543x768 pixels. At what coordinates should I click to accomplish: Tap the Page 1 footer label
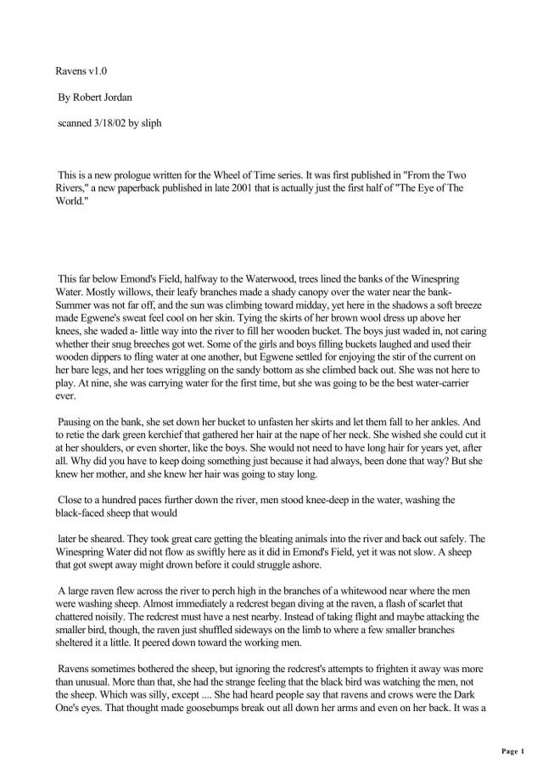pos(513,751)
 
